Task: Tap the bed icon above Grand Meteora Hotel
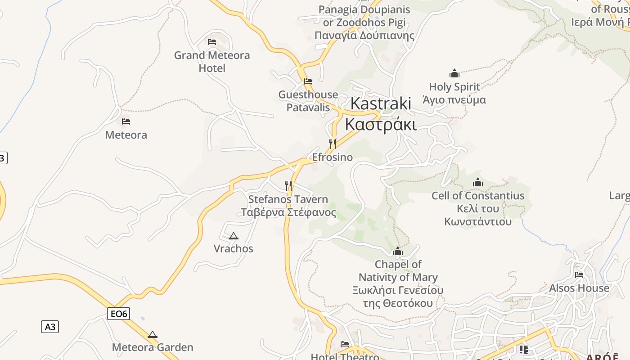click(x=212, y=42)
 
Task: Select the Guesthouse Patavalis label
click(x=308, y=101)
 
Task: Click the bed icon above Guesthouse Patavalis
click(x=308, y=81)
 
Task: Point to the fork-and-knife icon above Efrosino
click(x=333, y=144)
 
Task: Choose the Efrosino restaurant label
click(x=333, y=157)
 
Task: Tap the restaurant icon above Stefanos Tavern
click(x=288, y=185)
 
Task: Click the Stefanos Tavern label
click(x=288, y=205)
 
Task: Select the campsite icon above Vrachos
click(x=233, y=236)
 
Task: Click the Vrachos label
click(x=233, y=248)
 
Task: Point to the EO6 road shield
click(x=118, y=314)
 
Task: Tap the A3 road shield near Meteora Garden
click(x=50, y=327)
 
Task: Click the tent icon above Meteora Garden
click(x=153, y=334)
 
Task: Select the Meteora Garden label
click(x=153, y=347)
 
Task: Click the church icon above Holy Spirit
click(x=454, y=73)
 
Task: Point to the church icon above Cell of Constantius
click(x=478, y=182)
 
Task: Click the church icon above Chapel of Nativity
click(x=398, y=251)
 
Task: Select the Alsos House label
click(x=579, y=288)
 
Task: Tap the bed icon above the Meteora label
click(x=126, y=121)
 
